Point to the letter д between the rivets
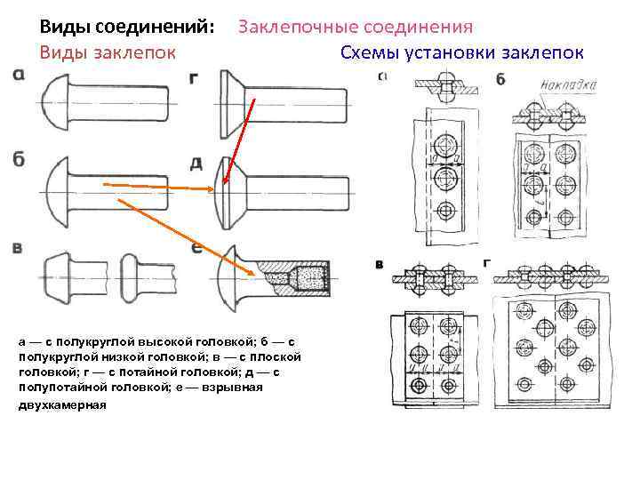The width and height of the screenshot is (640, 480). [196, 164]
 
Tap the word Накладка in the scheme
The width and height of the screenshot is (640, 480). [569, 86]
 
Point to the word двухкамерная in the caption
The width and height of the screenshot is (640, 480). [61, 404]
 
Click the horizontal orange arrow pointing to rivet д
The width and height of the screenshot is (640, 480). [160, 186]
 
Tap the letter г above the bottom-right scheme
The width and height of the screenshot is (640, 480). [485, 263]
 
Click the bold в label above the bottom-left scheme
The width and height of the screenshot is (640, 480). [380, 264]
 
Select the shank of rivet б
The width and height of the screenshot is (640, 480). [133, 191]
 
